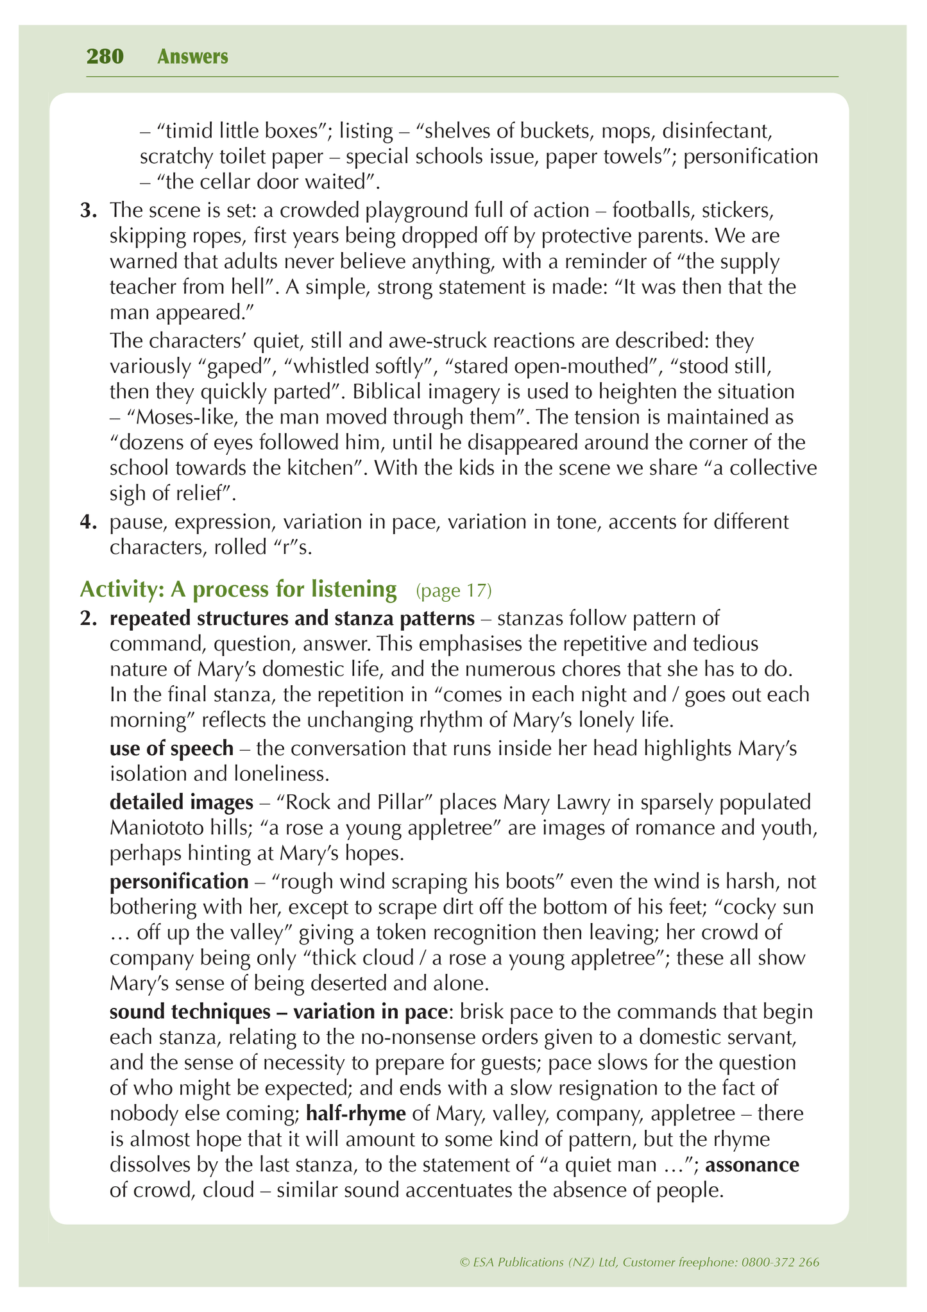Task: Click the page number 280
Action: (x=105, y=57)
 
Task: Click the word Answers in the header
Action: (x=192, y=57)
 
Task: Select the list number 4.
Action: (x=88, y=522)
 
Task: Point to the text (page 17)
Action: (x=454, y=590)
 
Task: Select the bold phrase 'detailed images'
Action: (x=182, y=802)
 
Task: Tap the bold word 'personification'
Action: (x=179, y=882)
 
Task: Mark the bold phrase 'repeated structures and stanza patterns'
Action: (x=292, y=618)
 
